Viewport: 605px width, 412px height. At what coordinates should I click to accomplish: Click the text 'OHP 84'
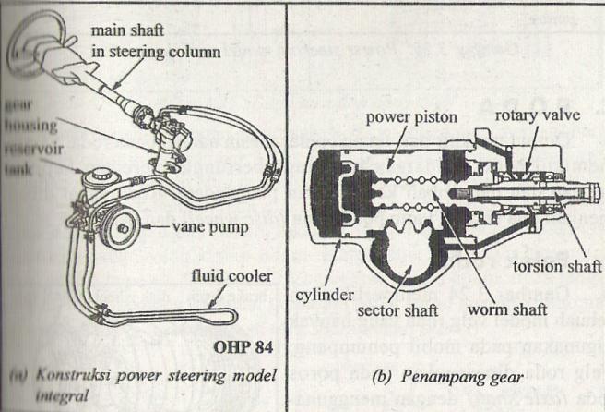(246, 348)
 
